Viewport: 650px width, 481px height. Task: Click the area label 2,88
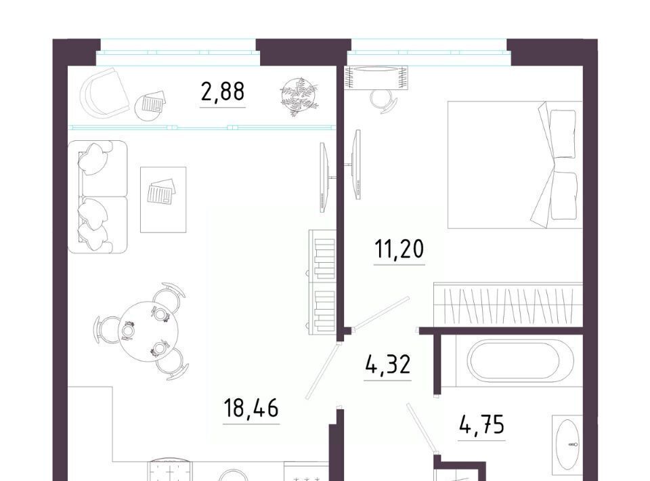tap(223, 92)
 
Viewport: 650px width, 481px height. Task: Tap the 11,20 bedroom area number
tap(399, 249)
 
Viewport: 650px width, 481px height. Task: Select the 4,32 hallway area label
tap(388, 365)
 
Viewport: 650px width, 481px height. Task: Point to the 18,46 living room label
tap(251, 408)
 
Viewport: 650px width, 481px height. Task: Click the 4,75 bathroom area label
tap(481, 425)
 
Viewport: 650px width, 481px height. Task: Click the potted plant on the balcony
tap(299, 96)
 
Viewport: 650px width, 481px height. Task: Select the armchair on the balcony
tap(104, 92)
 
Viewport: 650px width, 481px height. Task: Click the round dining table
tap(149, 331)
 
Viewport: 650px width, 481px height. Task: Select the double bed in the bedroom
tap(515, 165)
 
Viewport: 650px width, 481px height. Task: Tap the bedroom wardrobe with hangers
tap(508, 304)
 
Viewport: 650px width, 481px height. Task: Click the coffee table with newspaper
tap(163, 200)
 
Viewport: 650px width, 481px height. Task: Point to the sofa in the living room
tap(97, 197)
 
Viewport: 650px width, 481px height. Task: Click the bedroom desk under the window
tap(376, 77)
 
